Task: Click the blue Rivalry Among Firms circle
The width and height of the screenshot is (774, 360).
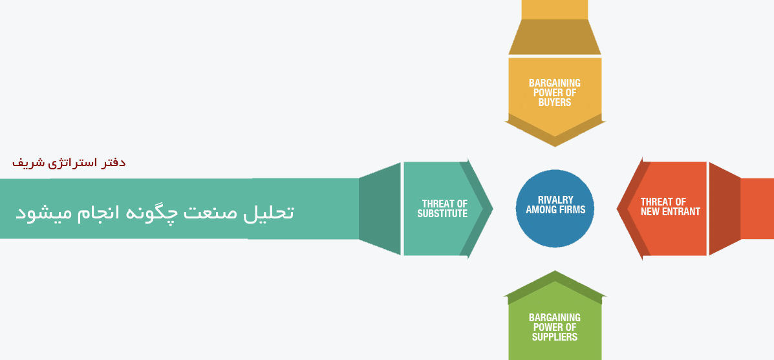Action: click(555, 223)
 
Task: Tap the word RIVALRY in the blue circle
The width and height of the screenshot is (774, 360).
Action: click(555, 200)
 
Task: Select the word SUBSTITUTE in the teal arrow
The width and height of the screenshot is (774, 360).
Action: click(442, 214)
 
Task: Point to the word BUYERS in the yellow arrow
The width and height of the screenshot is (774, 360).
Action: click(555, 102)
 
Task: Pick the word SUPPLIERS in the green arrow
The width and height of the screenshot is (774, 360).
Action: click(555, 337)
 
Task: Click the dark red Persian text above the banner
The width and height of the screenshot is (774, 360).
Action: click(69, 163)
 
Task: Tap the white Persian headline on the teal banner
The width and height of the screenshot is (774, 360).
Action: click(155, 212)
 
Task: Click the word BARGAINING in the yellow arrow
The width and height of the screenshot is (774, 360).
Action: click(555, 83)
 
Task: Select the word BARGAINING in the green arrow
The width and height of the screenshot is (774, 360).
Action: click(555, 317)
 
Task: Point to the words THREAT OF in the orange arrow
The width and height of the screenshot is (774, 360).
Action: click(663, 202)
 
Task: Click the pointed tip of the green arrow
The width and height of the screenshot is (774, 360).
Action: click(555, 277)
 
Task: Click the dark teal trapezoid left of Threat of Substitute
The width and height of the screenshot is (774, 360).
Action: click(380, 208)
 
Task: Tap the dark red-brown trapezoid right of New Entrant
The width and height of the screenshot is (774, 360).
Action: click(724, 208)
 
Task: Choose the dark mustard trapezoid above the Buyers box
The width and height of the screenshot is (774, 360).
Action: click(555, 37)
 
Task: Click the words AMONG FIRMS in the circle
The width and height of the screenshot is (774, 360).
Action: click(555, 210)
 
